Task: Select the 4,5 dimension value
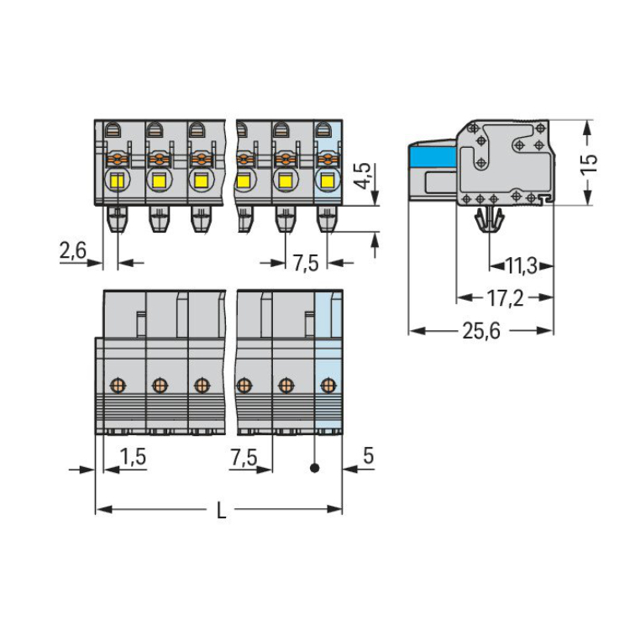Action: [362, 177]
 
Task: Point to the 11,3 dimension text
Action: [522, 267]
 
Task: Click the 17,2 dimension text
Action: [504, 298]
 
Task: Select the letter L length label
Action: [221, 510]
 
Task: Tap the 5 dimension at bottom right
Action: [368, 457]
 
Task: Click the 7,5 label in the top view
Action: [306, 263]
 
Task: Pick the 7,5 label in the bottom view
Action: [244, 457]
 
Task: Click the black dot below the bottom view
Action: [314, 468]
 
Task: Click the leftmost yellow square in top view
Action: [117, 181]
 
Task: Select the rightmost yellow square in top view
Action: [325, 181]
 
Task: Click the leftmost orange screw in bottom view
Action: [117, 386]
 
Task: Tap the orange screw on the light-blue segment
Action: [327, 386]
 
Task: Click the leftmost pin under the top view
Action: [117, 220]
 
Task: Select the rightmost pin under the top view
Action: [325, 220]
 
